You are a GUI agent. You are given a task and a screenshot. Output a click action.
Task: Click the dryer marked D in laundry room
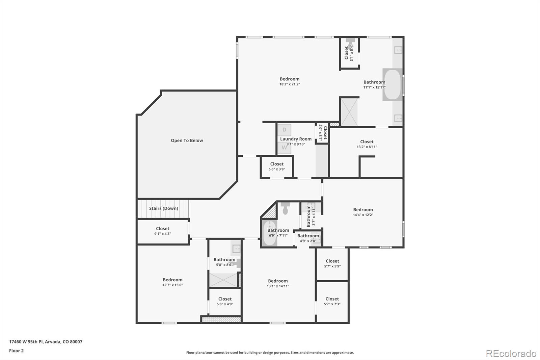coord(284,130)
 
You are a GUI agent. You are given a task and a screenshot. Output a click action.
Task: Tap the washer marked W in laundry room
coord(284,148)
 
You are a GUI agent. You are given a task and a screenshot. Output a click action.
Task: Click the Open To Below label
coord(187,140)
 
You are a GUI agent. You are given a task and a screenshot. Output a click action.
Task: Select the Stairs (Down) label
coord(163,208)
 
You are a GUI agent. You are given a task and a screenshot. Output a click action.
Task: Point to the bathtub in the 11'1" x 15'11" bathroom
coord(392,84)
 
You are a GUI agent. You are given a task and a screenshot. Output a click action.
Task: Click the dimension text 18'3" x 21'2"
coord(289,84)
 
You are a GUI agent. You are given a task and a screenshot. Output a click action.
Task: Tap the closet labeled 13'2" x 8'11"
coord(367,144)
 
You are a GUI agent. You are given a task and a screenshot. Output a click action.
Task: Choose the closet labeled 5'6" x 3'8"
coord(277,166)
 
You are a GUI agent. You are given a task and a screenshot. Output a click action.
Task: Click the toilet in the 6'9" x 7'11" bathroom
coord(285,209)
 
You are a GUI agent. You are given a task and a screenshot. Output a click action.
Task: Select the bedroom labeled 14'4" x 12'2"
coord(363,212)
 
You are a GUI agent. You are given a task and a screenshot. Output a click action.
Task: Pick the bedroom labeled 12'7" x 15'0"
coord(172,282)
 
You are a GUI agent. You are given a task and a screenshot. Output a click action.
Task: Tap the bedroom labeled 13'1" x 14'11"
coord(278,283)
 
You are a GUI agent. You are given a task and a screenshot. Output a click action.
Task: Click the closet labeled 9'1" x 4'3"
coord(162,231)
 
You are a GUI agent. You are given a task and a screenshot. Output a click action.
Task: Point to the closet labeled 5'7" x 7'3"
coord(332,301)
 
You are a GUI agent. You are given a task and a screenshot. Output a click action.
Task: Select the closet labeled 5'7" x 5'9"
coord(332,263)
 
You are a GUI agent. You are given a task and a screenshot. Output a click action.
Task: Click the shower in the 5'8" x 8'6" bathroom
coord(223,280)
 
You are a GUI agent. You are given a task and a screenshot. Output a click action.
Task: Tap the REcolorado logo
coord(511,354)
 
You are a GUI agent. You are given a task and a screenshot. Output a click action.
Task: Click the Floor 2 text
coord(16,351)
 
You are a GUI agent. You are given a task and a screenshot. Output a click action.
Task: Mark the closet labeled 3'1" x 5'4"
coord(349,53)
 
